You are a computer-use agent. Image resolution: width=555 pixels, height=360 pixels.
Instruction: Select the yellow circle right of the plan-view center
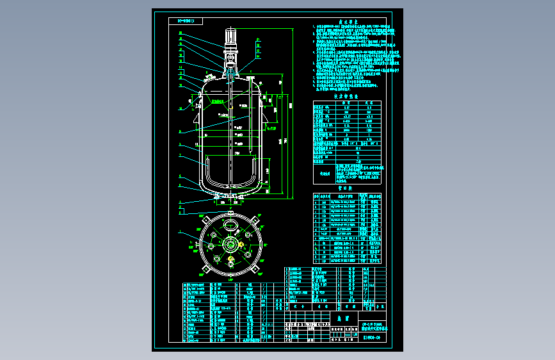tap(241, 244)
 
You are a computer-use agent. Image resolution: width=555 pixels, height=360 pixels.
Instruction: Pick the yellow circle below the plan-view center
tap(230, 259)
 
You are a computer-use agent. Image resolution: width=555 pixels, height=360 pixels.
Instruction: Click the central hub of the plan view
tap(230, 245)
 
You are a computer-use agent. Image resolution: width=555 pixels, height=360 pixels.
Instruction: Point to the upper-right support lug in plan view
tap(254, 222)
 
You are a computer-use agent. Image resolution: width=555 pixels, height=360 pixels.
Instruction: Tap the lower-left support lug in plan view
tap(206, 268)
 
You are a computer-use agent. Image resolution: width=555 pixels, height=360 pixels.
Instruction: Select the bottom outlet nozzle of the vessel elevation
tap(230, 197)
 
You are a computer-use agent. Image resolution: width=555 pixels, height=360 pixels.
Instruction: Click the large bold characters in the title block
tap(341, 317)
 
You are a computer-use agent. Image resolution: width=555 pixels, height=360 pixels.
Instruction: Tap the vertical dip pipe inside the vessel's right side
tap(248, 128)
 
